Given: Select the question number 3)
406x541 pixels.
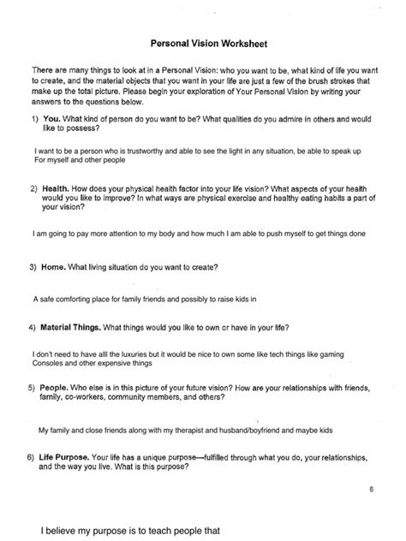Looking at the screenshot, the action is pos(33,267).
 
